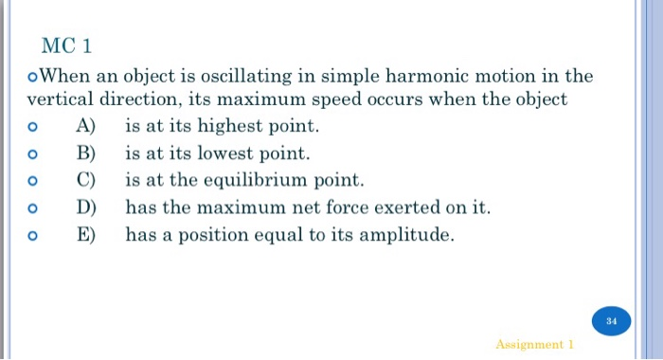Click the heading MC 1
pyautogui.click(x=67, y=45)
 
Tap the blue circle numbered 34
pyautogui.click(x=611, y=321)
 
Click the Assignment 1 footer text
pyautogui.click(x=534, y=345)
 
